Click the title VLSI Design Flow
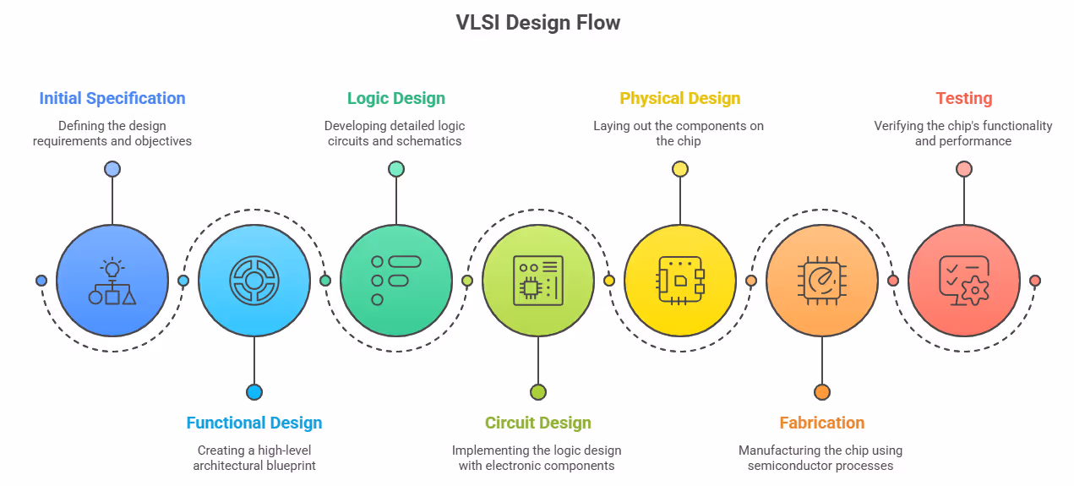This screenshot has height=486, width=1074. coord(537,23)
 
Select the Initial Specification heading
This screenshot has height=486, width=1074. coord(112,98)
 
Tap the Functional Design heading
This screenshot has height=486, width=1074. coord(254,423)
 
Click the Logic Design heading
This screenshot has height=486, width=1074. coord(395,98)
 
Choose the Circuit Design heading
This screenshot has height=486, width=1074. coord(537,423)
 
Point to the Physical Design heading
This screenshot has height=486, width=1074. coord(679,98)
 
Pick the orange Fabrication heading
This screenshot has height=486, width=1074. coord(821,423)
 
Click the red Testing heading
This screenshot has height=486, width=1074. coord(963,98)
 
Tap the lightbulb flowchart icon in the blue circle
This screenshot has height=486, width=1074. coord(112,281)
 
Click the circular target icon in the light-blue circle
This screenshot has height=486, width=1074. coord(254,281)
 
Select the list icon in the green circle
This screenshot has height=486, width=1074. coord(395,281)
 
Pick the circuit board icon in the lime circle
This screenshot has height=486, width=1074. coord(537,281)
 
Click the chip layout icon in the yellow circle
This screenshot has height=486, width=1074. coord(679,281)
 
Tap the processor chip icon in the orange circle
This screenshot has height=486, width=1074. coord(821,281)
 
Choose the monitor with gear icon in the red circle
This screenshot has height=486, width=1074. coord(963,281)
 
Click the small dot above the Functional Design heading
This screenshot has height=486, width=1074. coord(254,392)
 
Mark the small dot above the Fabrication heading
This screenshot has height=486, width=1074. coord(821,392)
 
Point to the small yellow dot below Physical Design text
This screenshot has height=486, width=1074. coord(680,169)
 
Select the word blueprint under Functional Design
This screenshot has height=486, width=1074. coord(287,466)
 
